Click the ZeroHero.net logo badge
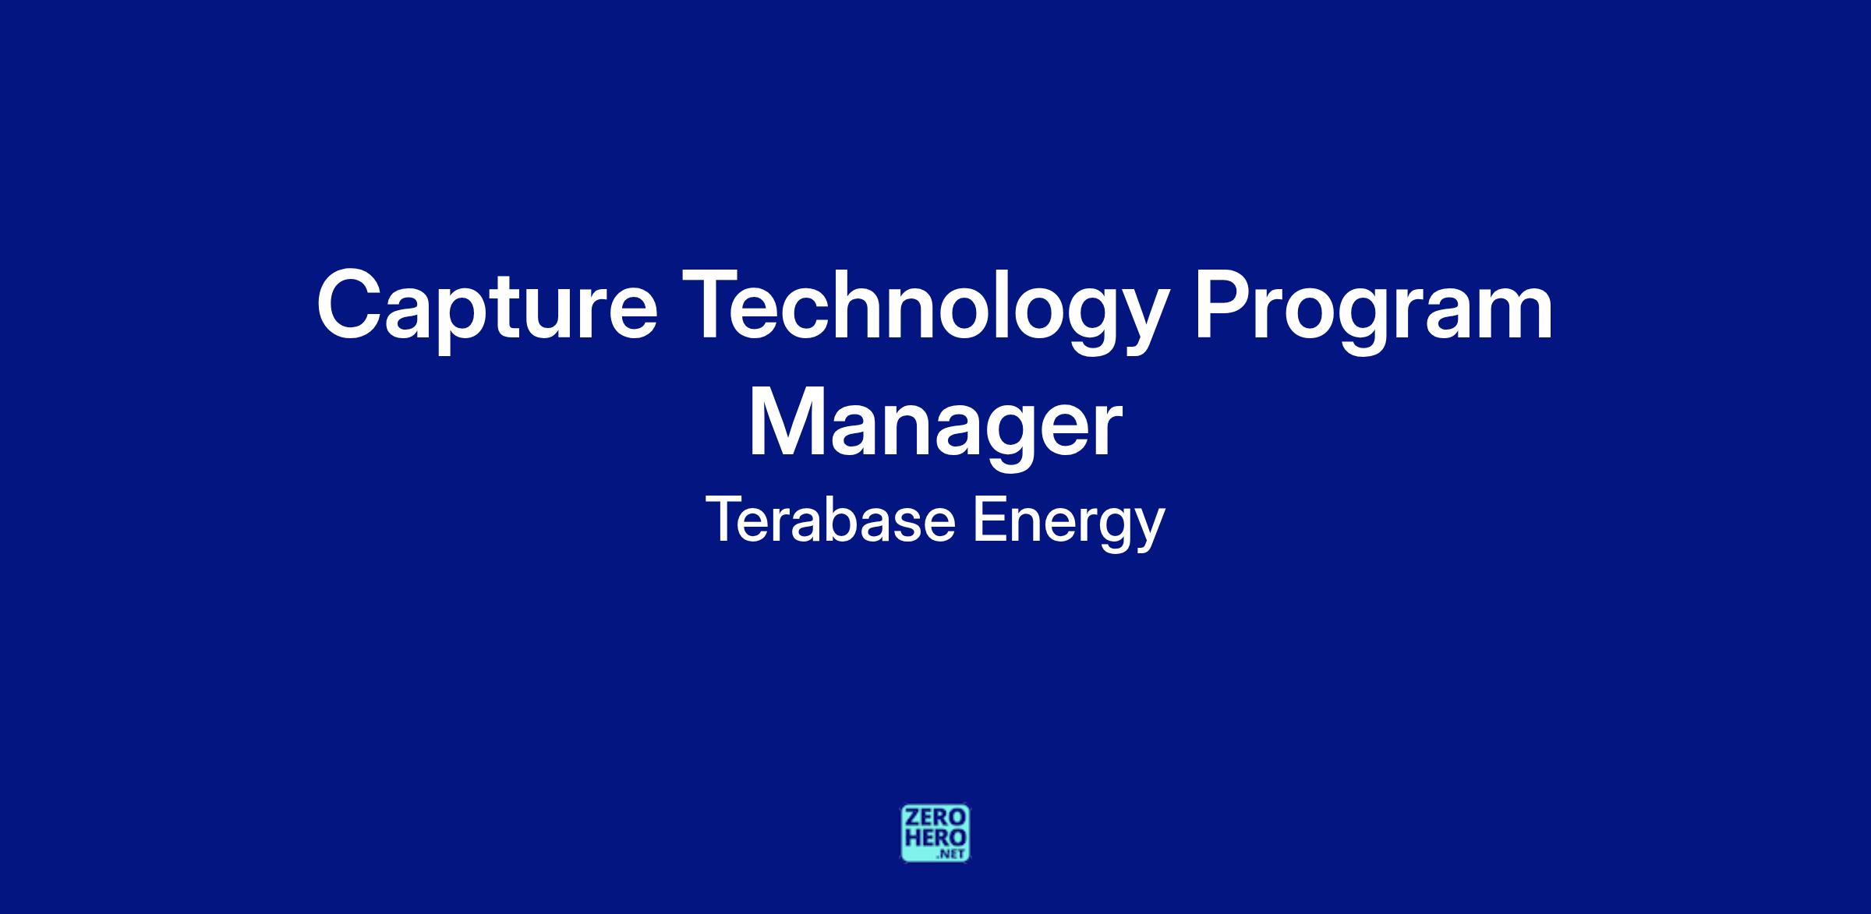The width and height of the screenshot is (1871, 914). [935, 833]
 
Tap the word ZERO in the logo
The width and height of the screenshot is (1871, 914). [935, 817]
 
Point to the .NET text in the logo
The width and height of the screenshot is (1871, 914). [953, 854]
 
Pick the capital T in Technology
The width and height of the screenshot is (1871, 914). [719, 305]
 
